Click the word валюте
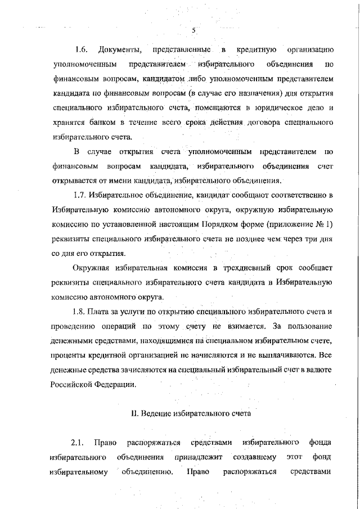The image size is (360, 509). (x=321, y=371)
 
